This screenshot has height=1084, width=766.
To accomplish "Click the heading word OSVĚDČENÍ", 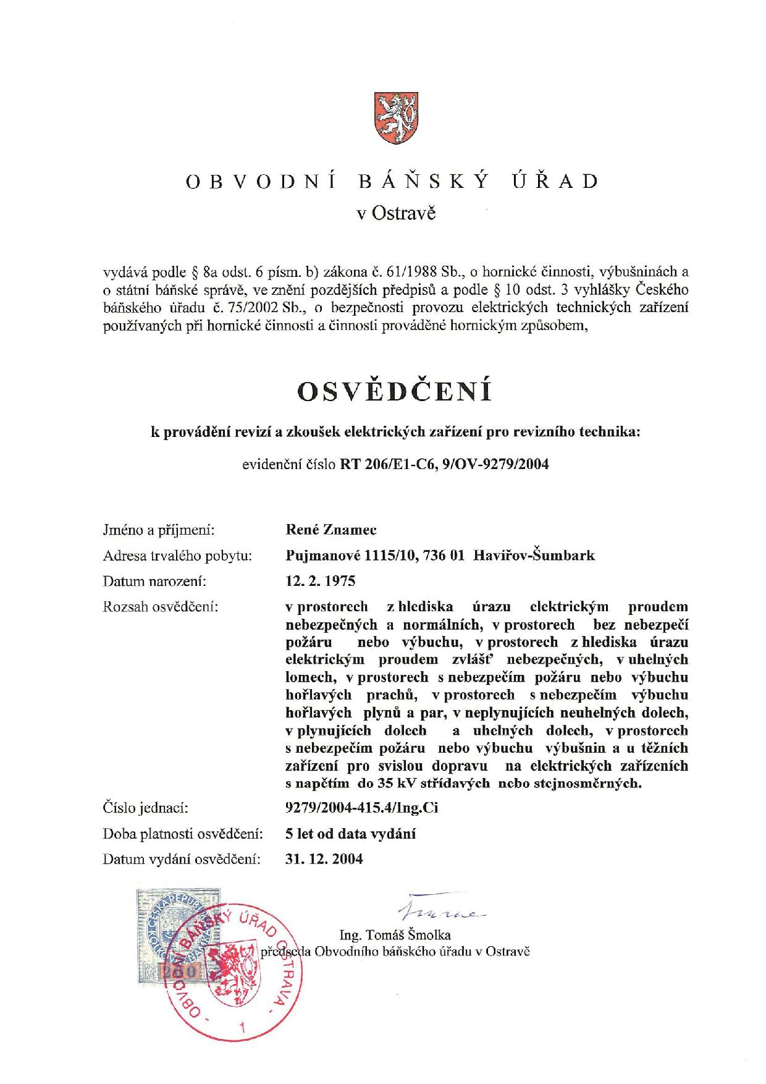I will (395, 391).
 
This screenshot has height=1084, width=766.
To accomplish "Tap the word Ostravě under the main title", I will (405, 214).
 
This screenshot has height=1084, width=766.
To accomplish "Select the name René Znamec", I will (332, 530).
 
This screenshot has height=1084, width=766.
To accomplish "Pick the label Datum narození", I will (154, 581).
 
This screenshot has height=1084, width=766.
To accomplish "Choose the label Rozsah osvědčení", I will (161, 607).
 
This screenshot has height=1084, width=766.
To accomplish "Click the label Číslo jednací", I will (145, 808).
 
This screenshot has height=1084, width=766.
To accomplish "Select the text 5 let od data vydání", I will (350, 834).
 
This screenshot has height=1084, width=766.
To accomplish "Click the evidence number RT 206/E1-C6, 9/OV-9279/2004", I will (444, 464).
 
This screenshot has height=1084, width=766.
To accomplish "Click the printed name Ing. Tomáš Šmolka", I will (395, 934).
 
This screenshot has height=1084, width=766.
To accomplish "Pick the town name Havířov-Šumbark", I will (534, 555).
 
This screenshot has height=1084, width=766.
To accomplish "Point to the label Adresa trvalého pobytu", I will (177, 556).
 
